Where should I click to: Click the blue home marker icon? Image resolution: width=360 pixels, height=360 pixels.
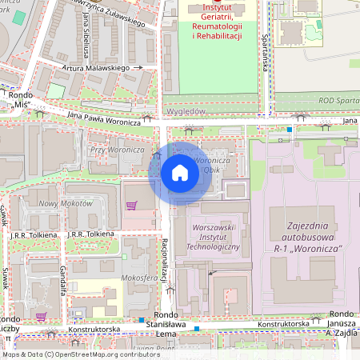pyautogui.click(x=180, y=171)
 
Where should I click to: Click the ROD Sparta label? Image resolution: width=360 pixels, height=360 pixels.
pyautogui.click(x=338, y=101)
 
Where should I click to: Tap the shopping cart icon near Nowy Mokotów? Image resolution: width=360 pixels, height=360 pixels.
pyautogui.click(x=131, y=206)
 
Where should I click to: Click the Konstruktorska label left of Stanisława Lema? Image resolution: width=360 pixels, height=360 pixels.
pyautogui.click(x=94, y=330)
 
